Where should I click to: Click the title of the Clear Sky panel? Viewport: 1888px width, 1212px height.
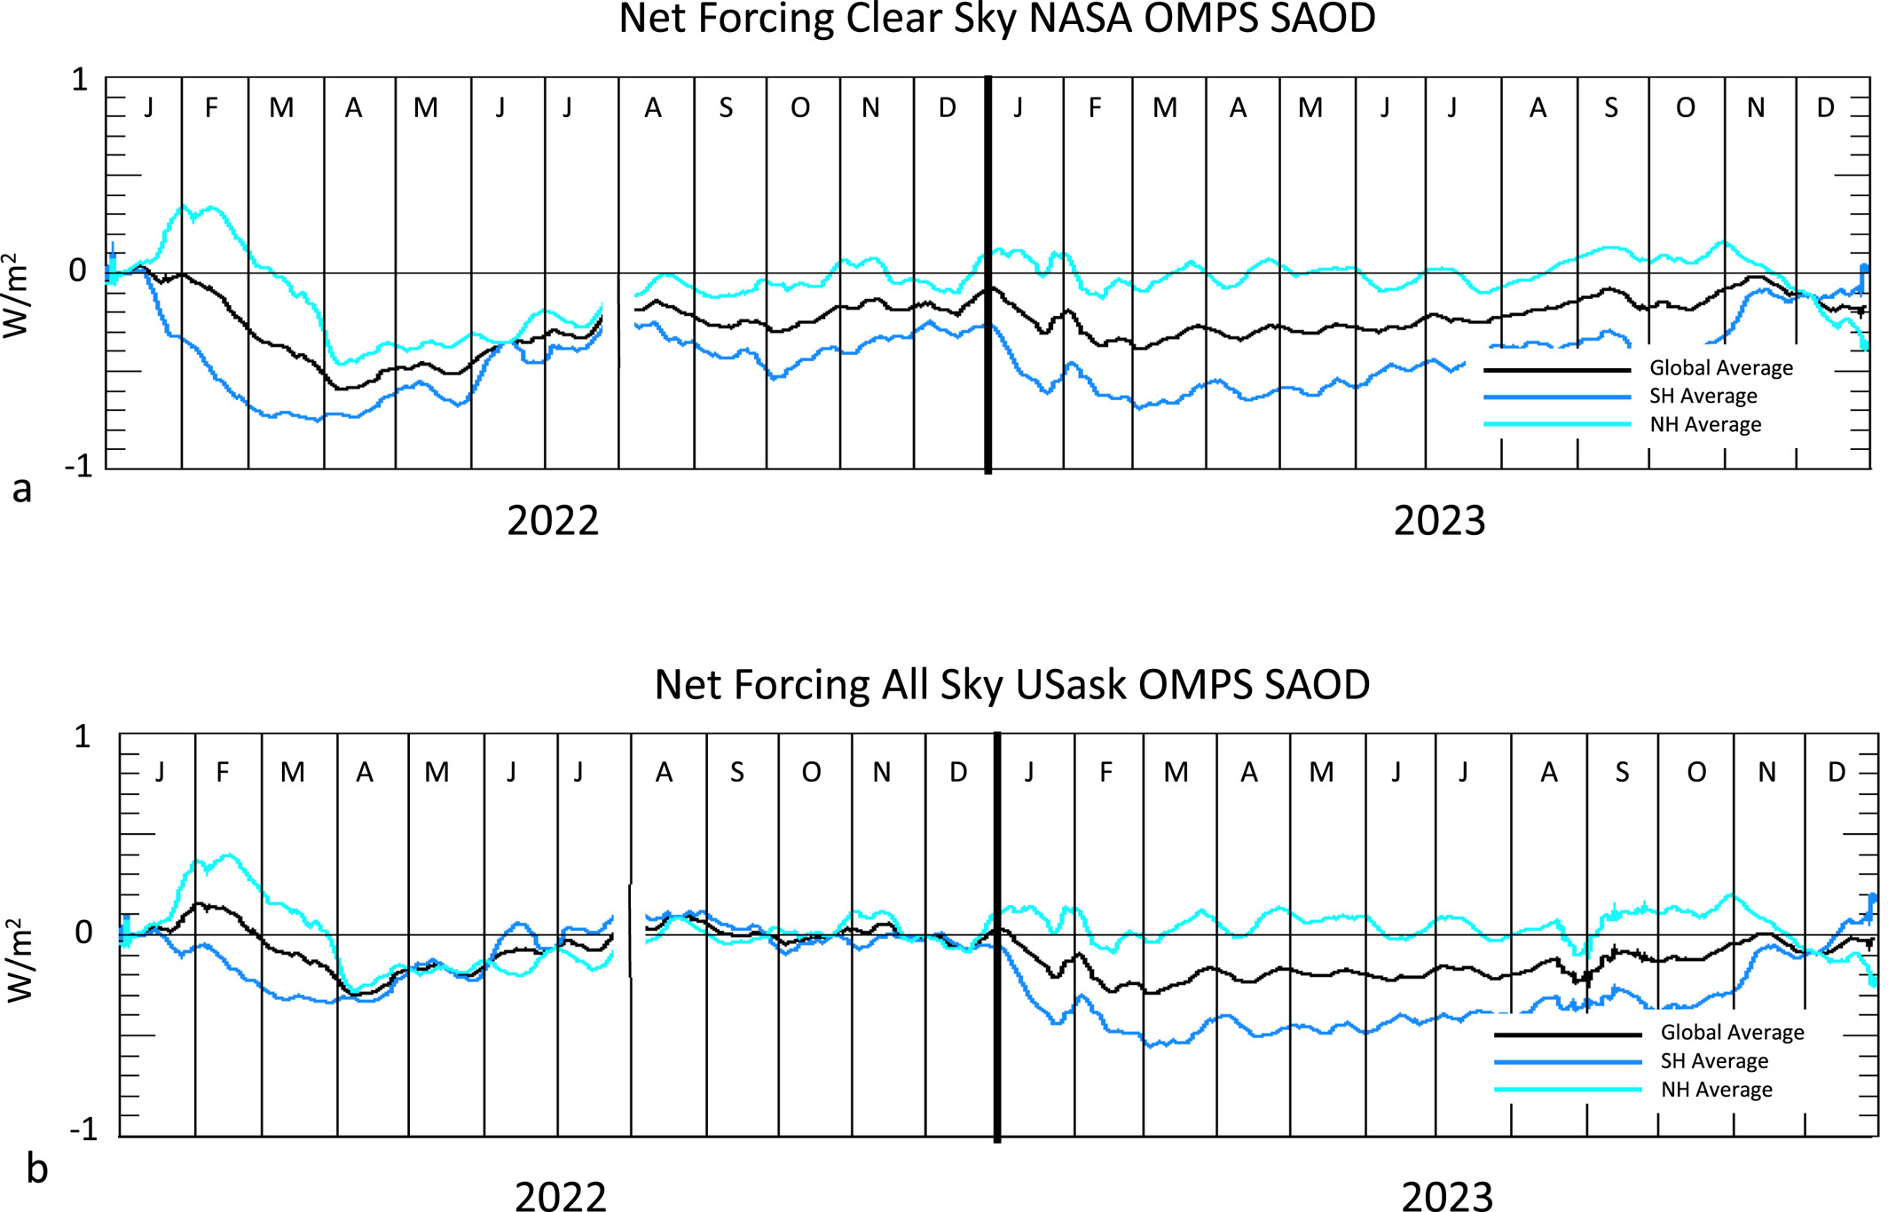(996, 20)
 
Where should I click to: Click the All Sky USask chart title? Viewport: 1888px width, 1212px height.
(1012, 685)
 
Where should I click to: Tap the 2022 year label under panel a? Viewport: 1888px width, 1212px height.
(553, 521)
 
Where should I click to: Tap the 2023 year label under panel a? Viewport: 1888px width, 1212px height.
(1439, 521)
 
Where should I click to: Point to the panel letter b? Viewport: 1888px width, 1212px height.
(36, 1169)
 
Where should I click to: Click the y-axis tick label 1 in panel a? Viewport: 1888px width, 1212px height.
(80, 80)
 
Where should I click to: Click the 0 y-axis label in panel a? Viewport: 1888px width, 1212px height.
(78, 271)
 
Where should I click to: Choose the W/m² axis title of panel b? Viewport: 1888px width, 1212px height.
(20, 961)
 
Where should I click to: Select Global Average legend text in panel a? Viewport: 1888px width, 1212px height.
(1720, 368)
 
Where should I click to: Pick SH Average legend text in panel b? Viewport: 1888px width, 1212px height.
(1714, 1061)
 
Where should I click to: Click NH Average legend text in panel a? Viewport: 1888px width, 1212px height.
(1705, 425)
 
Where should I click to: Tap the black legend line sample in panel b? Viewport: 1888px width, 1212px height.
(1567, 1035)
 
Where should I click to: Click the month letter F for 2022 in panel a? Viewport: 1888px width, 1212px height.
(211, 108)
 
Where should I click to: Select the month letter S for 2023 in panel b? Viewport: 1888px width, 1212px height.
(1622, 773)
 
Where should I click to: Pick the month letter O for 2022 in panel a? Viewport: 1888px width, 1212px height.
(800, 108)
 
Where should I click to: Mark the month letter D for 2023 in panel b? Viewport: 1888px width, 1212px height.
(1837, 773)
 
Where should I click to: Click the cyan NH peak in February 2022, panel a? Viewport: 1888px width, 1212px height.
(184, 208)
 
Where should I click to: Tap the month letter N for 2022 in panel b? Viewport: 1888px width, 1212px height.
(881, 773)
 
